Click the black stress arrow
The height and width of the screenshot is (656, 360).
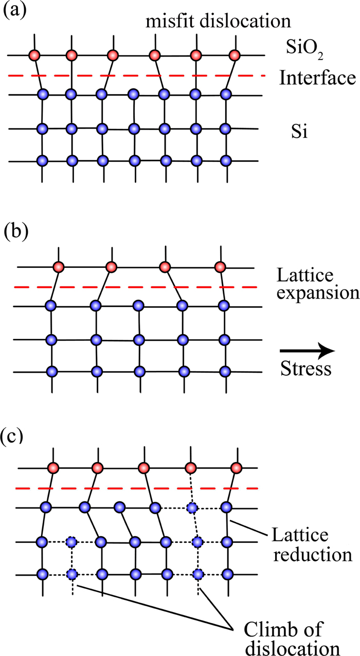point(307,351)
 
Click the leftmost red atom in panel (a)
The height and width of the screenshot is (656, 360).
point(34,54)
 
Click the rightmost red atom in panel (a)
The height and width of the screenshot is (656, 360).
point(235,54)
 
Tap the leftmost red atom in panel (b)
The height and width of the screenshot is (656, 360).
point(58,267)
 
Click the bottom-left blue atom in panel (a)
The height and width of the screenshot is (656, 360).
point(43,160)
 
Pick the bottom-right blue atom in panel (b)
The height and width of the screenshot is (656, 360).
point(224,371)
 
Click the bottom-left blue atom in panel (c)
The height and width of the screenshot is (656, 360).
point(43,574)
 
